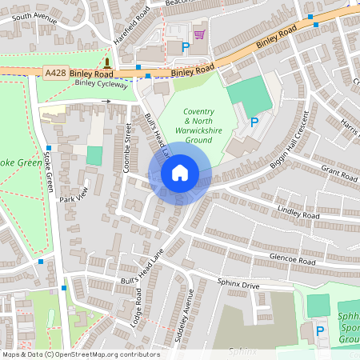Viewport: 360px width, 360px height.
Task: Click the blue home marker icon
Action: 180,173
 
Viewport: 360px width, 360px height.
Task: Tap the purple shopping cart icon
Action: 199,34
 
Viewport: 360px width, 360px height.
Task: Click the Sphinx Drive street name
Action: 238,284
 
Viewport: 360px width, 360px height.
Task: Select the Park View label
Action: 71,198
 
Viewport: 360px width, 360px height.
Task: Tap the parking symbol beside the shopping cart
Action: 186,48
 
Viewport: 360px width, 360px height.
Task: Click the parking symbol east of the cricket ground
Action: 254,122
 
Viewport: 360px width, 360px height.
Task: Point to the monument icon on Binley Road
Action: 106,63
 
